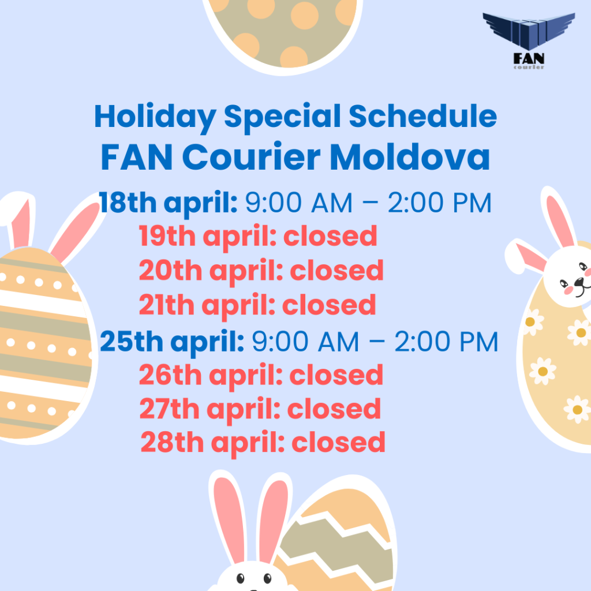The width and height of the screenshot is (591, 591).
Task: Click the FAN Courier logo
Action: pyautogui.click(x=529, y=41)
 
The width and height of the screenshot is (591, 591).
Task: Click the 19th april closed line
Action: pyautogui.click(x=258, y=237)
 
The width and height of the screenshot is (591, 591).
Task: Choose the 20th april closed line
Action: pyautogui.click(x=261, y=271)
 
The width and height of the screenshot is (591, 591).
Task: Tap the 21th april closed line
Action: pyautogui.click(x=257, y=305)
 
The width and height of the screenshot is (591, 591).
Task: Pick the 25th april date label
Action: pyautogui.click(x=172, y=342)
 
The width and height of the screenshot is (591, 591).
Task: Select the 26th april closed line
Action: pyautogui.click(x=261, y=375)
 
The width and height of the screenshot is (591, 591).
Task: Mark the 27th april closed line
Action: pyautogui.click(x=260, y=409)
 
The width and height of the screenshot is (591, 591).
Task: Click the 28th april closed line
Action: pyautogui.click(x=263, y=443)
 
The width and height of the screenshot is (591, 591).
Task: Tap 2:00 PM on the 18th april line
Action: pyautogui.click(x=439, y=203)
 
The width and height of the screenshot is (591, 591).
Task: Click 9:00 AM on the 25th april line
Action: pyautogui.click(x=305, y=342)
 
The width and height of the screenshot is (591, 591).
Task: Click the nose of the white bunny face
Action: pyautogui.click(x=579, y=281)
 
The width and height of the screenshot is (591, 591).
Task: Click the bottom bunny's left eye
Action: pyautogui.click(x=240, y=578)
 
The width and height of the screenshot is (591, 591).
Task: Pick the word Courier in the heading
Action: pyautogui.click(x=252, y=157)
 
